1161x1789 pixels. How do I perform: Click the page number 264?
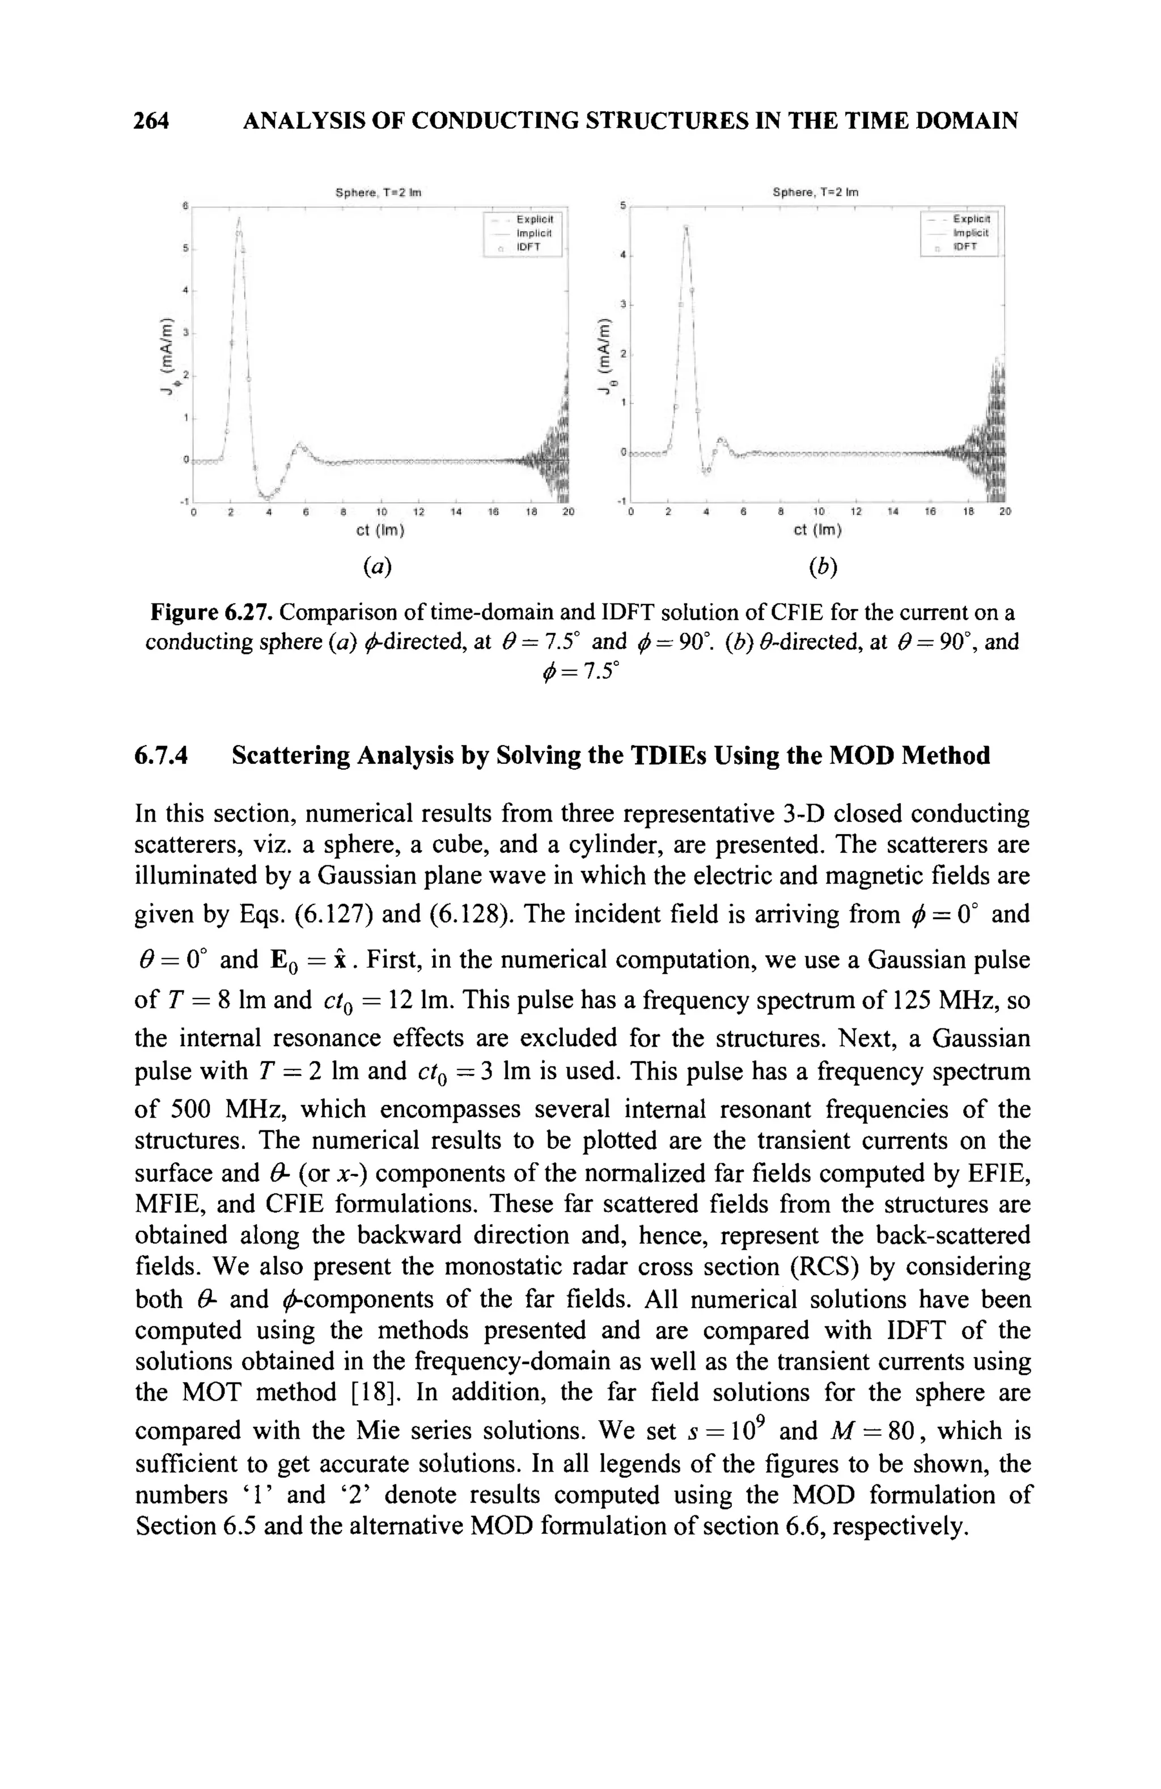point(151,120)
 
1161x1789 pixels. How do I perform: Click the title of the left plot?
point(378,193)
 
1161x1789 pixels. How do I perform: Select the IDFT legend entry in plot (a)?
point(528,247)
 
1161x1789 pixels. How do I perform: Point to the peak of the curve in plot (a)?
point(239,218)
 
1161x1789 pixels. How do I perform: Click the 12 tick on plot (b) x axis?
point(855,511)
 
